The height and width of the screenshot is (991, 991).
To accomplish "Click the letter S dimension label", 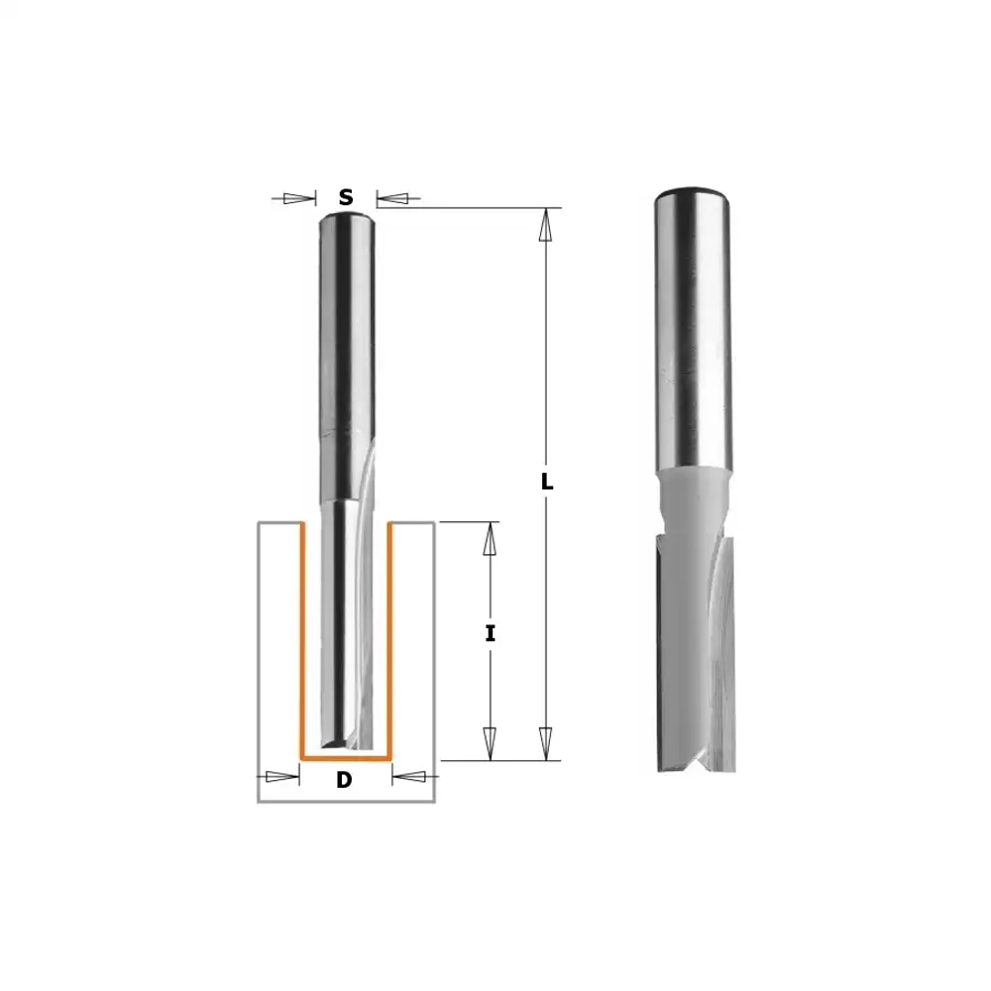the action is coord(346,197).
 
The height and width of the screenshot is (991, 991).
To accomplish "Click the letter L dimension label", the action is coord(547,482).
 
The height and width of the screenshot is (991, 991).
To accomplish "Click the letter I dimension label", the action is coord(490,633).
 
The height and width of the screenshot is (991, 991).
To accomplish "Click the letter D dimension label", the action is coord(344,780).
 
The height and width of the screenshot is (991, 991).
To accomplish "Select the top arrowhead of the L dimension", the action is coord(546,224).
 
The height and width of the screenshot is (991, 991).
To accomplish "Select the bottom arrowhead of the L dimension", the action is coord(546,744).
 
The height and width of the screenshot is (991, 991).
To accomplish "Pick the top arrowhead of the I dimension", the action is coord(490,539).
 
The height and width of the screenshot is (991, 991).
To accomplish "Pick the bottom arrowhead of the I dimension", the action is coord(490,744).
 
